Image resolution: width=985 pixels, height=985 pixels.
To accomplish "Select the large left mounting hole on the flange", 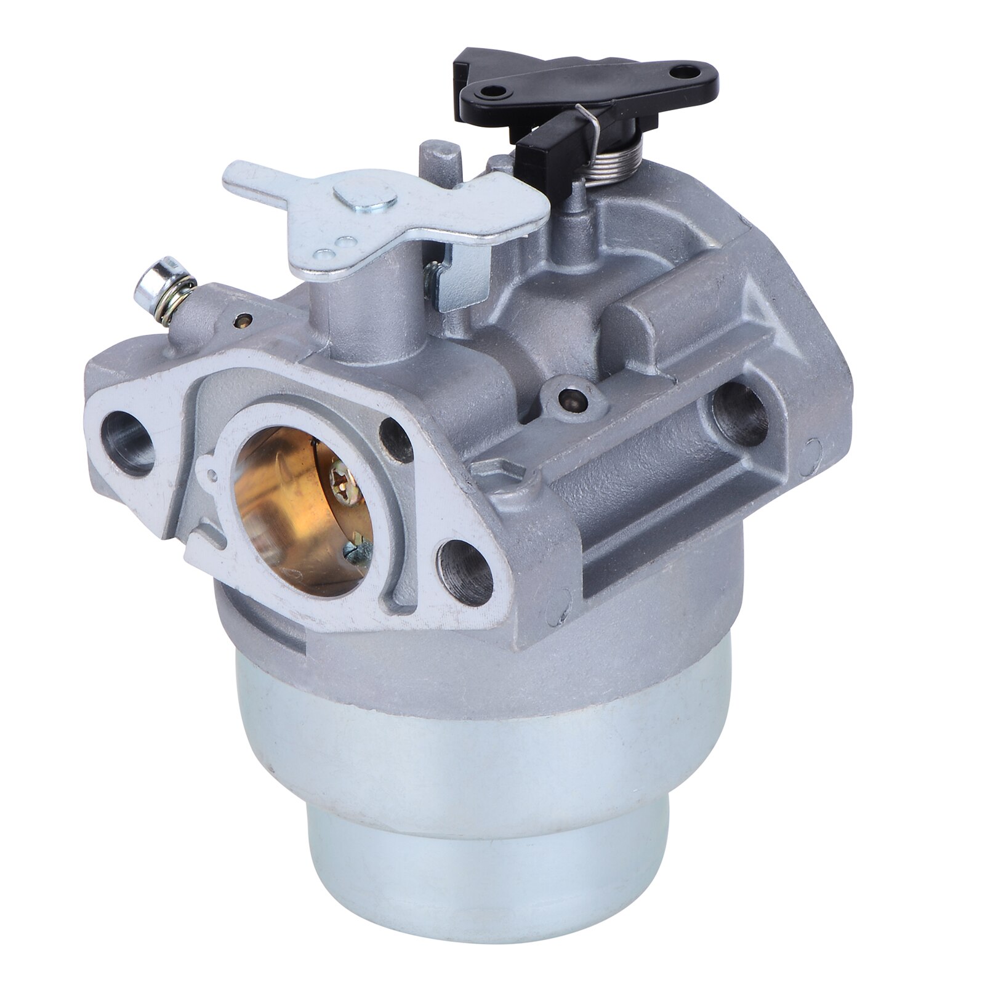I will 127,441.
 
